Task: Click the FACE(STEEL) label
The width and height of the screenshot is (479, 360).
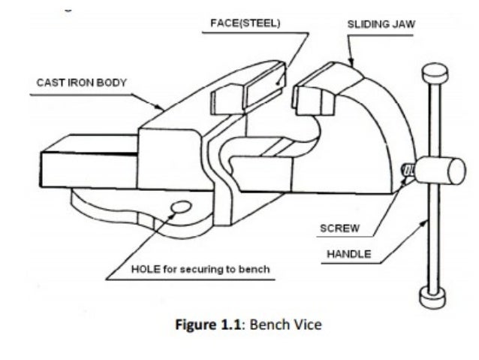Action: click(x=243, y=23)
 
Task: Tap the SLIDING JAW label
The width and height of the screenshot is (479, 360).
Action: click(x=381, y=24)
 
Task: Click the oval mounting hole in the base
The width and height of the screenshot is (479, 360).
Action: click(x=180, y=207)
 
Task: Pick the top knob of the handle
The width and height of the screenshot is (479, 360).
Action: click(x=432, y=74)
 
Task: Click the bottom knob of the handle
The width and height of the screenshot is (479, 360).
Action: click(x=428, y=299)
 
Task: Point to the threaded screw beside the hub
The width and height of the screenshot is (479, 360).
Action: click(x=409, y=172)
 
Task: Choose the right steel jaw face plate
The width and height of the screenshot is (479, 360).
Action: click(x=312, y=96)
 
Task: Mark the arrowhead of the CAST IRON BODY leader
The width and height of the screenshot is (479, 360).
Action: click(x=164, y=110)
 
